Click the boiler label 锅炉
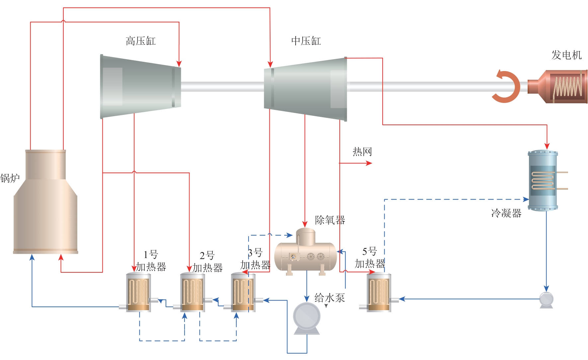tap(10, 178)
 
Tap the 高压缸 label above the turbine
tap(141, 41)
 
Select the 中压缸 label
tap(306, 41)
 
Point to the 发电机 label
tap(566, 55)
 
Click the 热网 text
tap(362, 152)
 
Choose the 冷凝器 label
tap(506, 213)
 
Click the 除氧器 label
tap(330, 220)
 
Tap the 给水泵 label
tap(330, 298)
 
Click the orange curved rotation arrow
tap(507, 86)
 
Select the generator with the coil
tap(561, 86)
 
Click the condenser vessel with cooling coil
tap(543, 181)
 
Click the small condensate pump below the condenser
tap(546, 300)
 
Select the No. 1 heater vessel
tap(139, 292)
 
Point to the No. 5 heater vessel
tap(379, 292)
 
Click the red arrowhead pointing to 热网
tap(369, 163)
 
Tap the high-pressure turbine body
tap(141, 86)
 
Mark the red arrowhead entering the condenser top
tap(547, 146)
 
